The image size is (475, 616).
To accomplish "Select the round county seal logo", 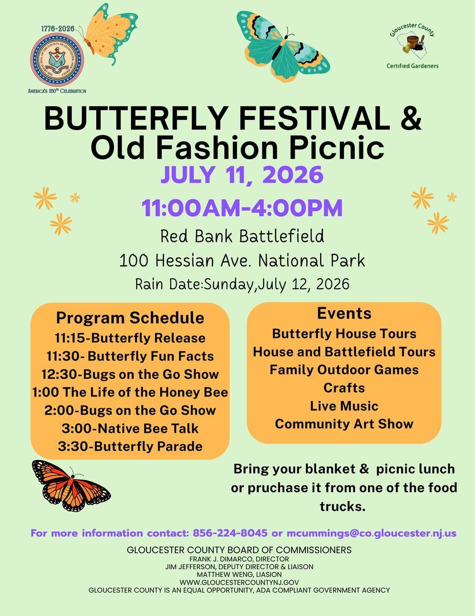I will click(x=56, y=60).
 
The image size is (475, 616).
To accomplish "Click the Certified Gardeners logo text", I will click(x=412, y=66).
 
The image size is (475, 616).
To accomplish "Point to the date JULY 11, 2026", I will click(x=241, y=175).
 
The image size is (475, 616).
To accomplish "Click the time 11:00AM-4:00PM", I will click(x=243, y=208).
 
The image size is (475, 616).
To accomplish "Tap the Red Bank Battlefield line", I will click(x=242, y=235).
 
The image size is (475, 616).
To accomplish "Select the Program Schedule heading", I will click(x=130, y=318).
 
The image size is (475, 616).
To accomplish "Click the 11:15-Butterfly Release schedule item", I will click(x=130, y=338).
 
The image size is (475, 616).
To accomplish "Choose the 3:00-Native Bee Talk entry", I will click(x=130, y=428).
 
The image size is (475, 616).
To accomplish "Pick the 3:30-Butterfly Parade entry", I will click(x=130, y=446).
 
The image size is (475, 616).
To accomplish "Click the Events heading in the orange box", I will click(x=344, y=313).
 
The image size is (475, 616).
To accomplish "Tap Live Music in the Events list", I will click(x=344, y=406).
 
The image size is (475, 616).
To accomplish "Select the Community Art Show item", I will click(x=344, y=424).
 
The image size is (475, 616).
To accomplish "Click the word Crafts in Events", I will click(x=344, y=388).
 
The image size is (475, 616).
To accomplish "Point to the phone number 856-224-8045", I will click(x=230, y=533).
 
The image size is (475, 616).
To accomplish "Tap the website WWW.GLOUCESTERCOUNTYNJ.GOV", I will click(x=239, y=582).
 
